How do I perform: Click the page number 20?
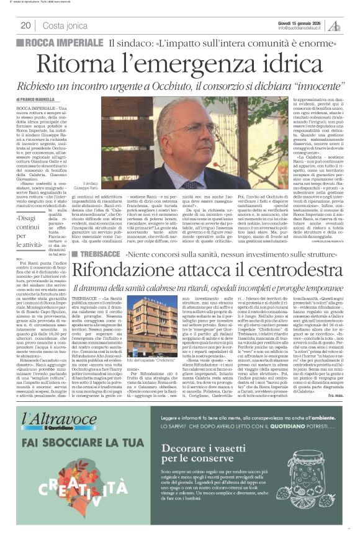25,25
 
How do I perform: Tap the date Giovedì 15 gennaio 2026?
300,22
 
